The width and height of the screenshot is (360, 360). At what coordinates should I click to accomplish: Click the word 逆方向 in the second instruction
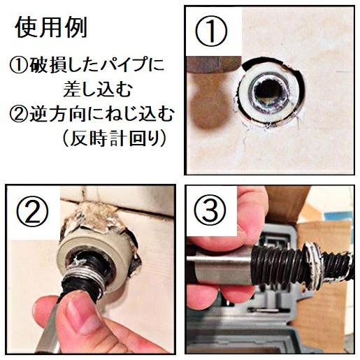pyautogui.click(x=54, y=113)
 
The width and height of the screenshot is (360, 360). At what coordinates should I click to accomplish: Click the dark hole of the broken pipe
pyautogui.click(x=270, y=92)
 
